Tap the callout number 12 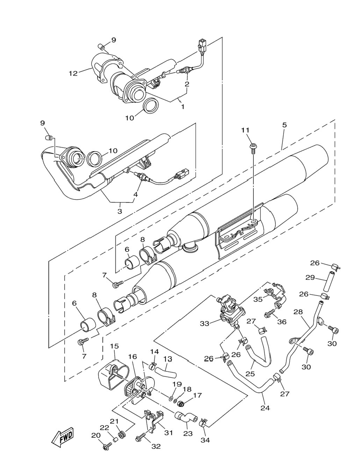coord(73,73)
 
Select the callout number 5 coord(284,125)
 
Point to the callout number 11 coord(245,130)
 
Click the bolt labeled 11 coord(253,149)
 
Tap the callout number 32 coord(156,446)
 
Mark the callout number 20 coord(96,434)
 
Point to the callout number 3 coord(120,211)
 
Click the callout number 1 coord(182,107)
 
